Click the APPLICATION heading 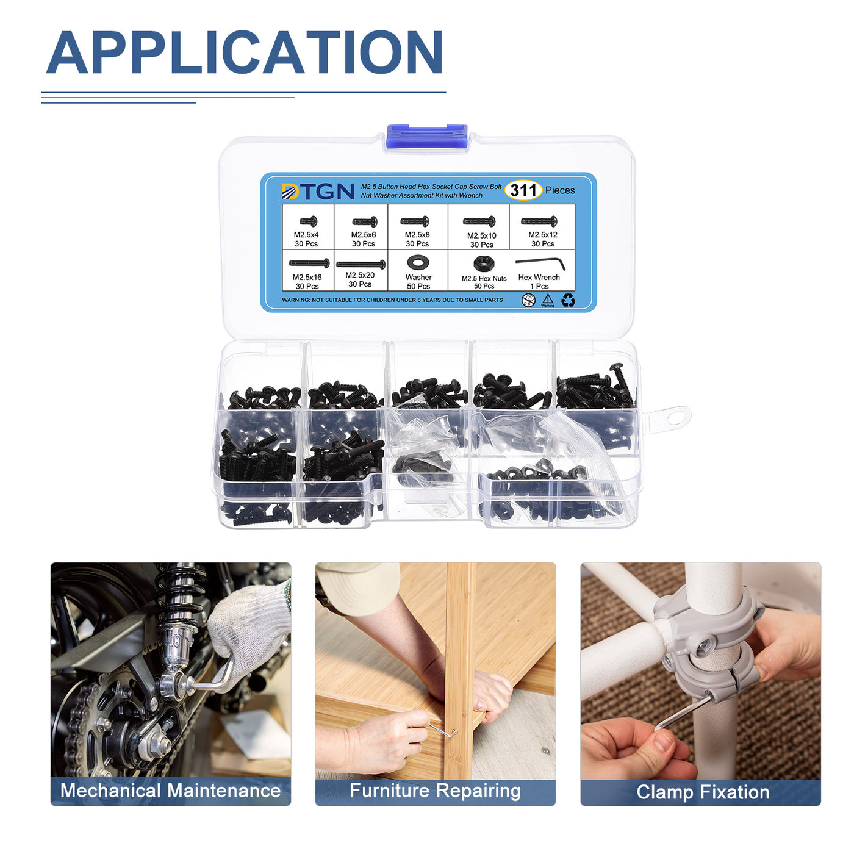pyautogui.click(x=244, y=52)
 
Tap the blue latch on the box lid pyautogui.click(x=427, y=137)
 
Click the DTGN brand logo pyautogui.click(x=318, y=192)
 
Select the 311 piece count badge pyautogui.click(x=523, y=190)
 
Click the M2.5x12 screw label pyautogui.click(x=542, y=239)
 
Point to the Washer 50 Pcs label pyautogui.click(x=418, y=281)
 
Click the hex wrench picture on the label pyautogui.click(x=540, y=264)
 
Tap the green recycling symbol pyautogui.click(x=568, y=301)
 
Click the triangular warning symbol pyautogui.click(x=548, y=300)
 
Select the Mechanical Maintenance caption pyautogui.click(x=171, y=791)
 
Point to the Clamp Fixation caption pyautogui.click(x=703, y=792)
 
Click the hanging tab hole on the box pyautogui.click(x=675, y=417)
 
